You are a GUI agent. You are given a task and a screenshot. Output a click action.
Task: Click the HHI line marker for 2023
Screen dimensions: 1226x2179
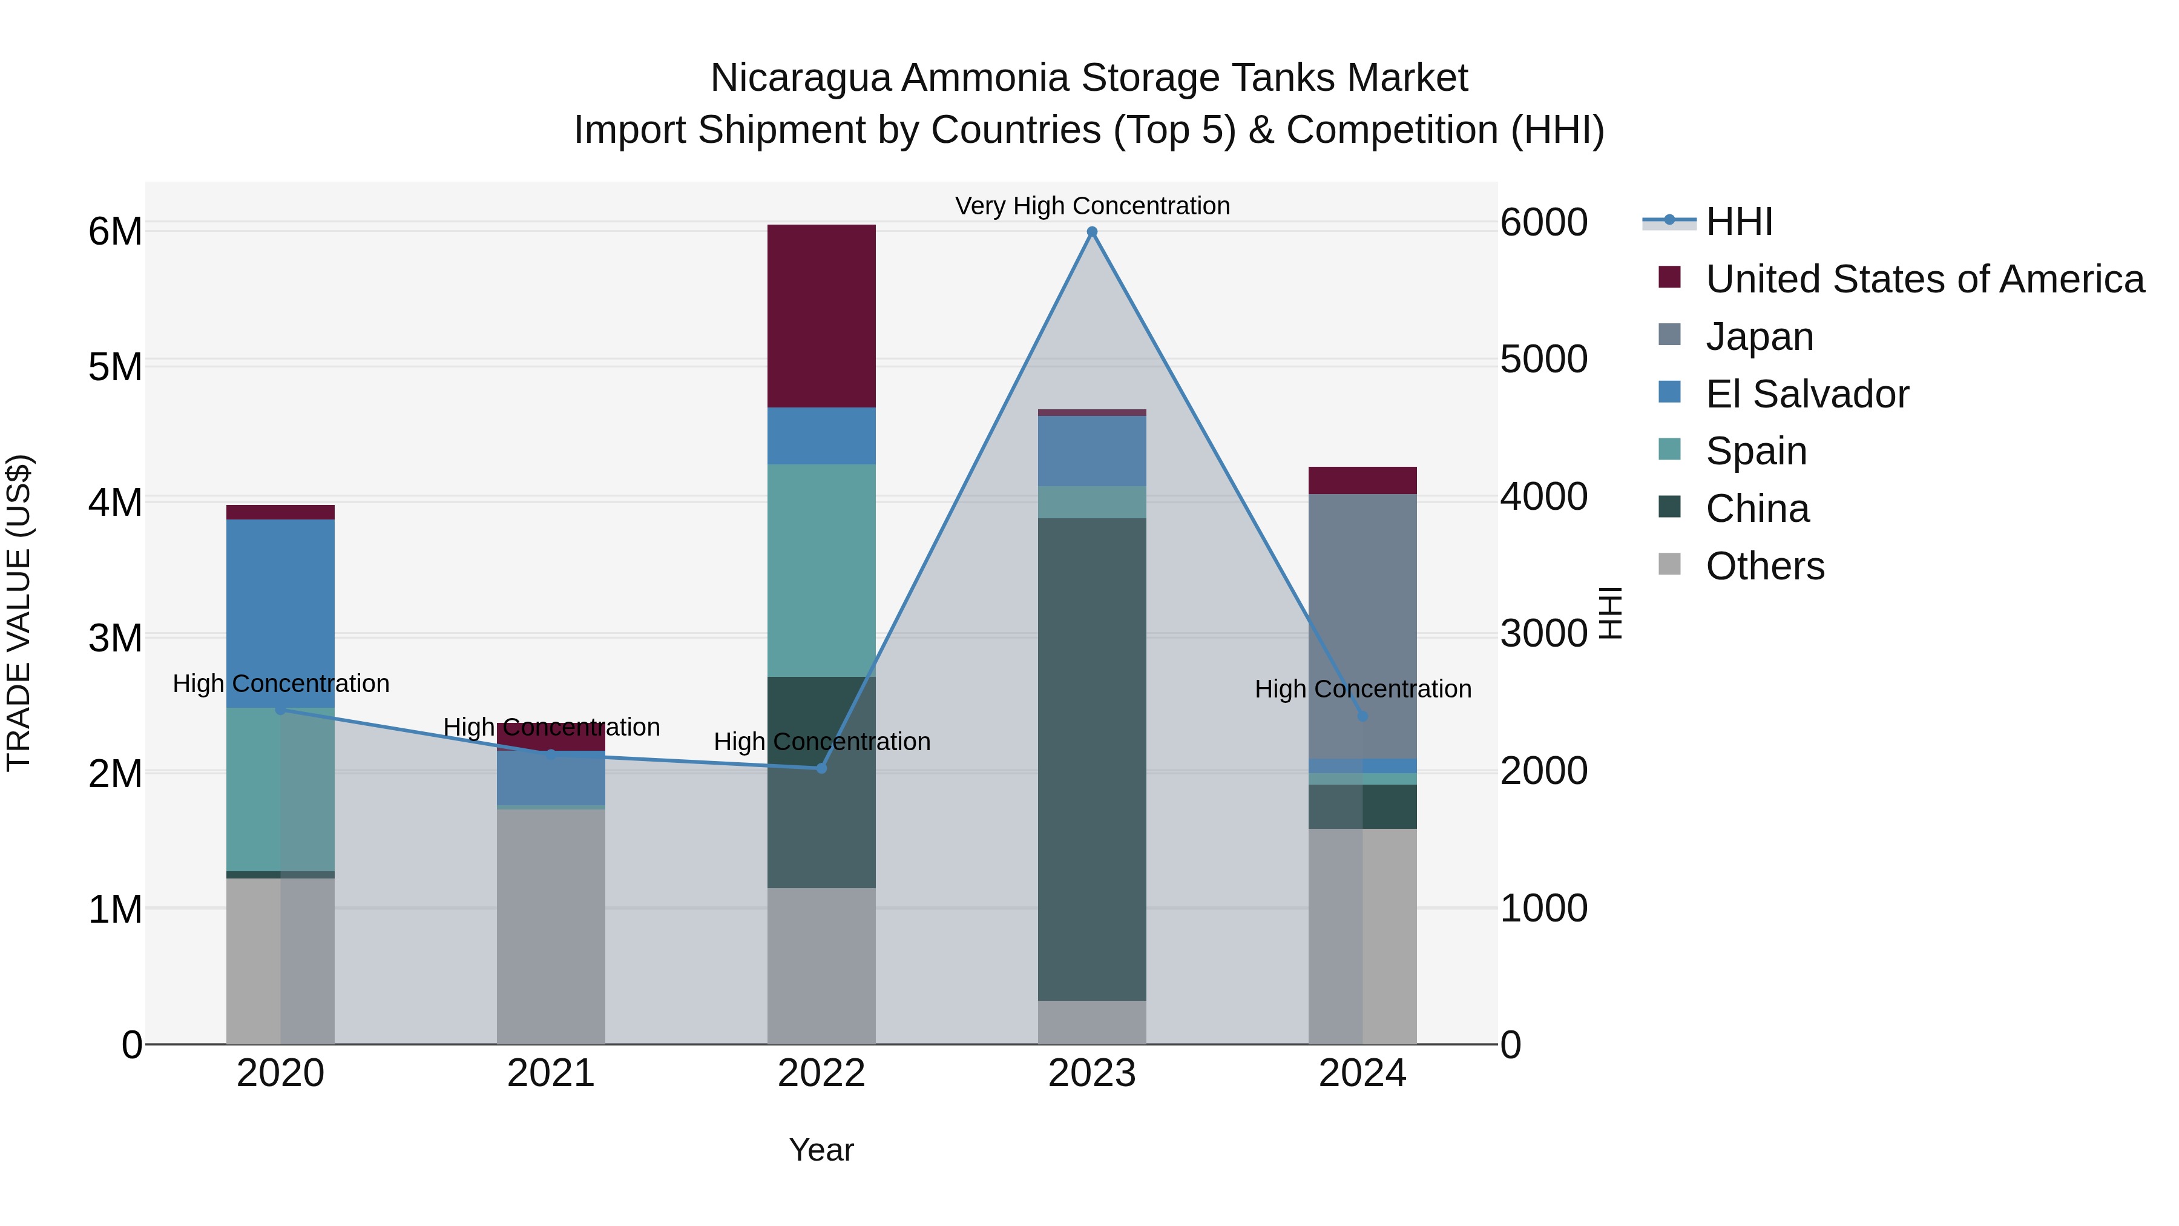pyautogui.click(x=1091, y=232)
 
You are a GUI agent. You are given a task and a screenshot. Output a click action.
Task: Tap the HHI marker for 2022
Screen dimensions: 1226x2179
pyautogui.click(x=821, y=768)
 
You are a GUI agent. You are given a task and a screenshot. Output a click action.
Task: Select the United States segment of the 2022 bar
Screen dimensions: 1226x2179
pyautogui.click(x=821, y=315)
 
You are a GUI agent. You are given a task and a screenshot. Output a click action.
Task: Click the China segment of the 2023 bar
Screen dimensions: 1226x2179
pyautogui.click(x=1091, y=759)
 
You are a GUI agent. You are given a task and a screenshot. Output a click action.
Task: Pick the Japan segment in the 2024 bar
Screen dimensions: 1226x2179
pyautogui.click(x=1362, y=626)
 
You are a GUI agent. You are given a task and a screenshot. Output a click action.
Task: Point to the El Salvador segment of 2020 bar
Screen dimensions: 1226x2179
pyautogui.click(x=280, y=613)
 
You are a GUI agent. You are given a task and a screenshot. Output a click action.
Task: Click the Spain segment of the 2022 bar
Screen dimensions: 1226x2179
pyautogui.click(x=821, y=570)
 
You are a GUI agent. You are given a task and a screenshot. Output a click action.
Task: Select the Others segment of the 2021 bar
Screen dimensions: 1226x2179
pyautogui.click(x=551, y=926)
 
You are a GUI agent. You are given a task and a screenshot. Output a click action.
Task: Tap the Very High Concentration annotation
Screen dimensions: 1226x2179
pyautogui.click(x=1091, y=206)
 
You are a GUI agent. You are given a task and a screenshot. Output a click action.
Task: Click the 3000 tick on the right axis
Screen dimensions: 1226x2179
pyautogui.click(x=1543, y=634)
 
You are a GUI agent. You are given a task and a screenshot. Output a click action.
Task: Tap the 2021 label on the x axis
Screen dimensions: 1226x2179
pyautogui.click(x=551, y=1073)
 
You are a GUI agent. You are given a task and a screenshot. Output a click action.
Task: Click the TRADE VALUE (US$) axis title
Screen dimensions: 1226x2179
pyautogui.click(x=19, y=613)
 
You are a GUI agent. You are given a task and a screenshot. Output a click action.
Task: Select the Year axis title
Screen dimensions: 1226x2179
pyautogui.click(x=821, y=1150)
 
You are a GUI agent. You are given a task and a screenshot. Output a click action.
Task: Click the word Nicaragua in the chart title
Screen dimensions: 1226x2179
pyautogui.click(x=800, y=78)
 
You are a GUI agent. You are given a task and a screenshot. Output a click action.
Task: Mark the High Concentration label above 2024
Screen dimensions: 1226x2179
pyautogui.click(x=1362, y=689)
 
